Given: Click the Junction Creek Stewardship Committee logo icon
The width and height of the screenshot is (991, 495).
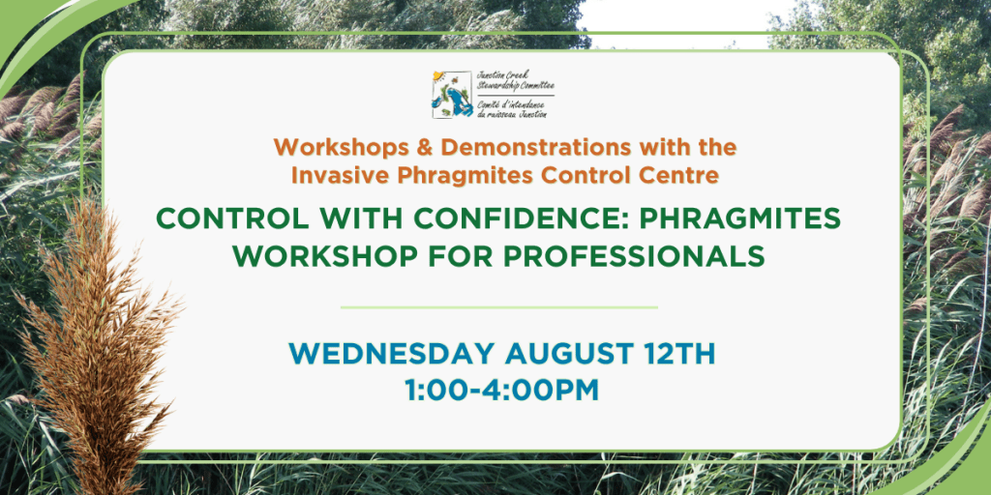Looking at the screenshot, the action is tap(453, 95).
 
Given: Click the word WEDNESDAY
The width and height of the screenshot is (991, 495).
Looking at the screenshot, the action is tap(389, 353).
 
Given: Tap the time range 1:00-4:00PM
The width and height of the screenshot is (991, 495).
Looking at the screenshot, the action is tap(502, 391).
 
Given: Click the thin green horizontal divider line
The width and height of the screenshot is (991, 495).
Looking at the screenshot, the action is tap(498, 307).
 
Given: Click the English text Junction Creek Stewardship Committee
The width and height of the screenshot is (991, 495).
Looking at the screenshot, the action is tap(510, 81).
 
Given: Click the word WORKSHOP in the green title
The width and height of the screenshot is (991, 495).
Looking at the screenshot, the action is tap(305, 255).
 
